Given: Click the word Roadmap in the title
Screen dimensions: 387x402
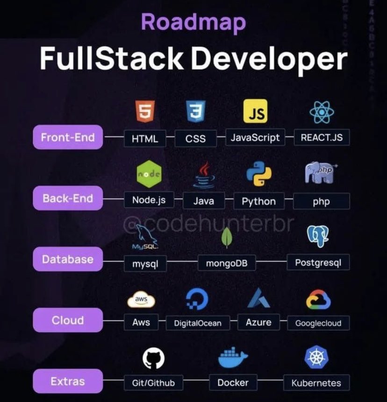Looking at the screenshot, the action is tap(193, 22).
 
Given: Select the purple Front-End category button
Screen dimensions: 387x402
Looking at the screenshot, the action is tap(68, 137).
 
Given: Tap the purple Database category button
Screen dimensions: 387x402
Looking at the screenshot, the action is tap(68, 259).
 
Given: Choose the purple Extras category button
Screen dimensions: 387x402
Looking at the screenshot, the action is tap(68, 381).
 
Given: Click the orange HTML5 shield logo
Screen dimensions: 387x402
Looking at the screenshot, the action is tap(145, 112).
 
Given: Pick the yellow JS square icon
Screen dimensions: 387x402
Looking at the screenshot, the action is tap(255, 111).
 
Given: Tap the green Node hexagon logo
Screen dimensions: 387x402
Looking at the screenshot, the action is tap(149, 174).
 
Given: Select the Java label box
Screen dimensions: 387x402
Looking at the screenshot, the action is tap(204, 201).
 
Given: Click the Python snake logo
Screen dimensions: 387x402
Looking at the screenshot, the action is tap(258, 174).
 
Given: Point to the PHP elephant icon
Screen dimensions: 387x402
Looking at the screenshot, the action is tap(321, 173).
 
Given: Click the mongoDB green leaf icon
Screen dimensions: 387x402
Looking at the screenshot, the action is tap(227, 237).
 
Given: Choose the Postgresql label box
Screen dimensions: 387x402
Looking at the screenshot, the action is tap(318, 263).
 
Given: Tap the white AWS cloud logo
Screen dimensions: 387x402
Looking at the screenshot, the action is tap(141, 300).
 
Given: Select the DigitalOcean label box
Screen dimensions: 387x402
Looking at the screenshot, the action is tap(198, 323).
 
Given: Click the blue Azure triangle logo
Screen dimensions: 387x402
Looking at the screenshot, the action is tap(258, 298).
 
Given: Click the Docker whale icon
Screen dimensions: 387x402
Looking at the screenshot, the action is tap(232, 358).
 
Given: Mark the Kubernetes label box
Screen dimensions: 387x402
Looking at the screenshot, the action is tap(316, 383).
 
